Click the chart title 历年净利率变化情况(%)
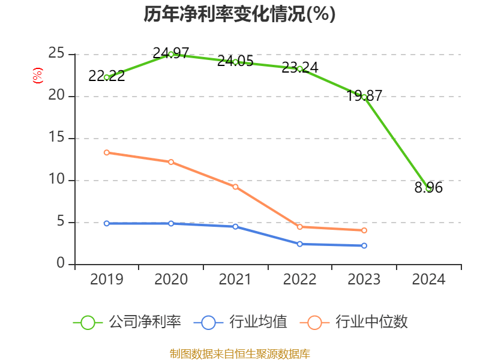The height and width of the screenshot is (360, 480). (239, 14)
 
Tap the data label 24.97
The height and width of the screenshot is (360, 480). (171, 53)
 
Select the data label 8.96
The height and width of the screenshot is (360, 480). (428, 188)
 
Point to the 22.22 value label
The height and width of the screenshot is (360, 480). (106, 76)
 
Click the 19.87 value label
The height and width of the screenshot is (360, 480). (364, 95)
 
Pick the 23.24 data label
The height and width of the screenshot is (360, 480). (300, 67)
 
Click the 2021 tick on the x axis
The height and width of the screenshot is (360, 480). (235, 280)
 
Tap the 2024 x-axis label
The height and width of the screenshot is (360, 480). (428, 280)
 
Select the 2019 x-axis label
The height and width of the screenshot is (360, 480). (106, 280)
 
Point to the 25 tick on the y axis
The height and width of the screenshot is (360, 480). (57, 53)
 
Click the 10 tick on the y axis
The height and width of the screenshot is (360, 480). (57, 180)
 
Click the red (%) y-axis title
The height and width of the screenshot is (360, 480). (37, 76)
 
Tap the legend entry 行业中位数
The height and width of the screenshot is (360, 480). (358, 322)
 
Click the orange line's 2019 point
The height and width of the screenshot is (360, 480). (106, 152)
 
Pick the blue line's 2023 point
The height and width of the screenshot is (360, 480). (364, 245)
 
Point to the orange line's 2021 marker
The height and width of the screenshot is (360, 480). (235, 187)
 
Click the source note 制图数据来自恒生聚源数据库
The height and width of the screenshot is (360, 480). (239, 353)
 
